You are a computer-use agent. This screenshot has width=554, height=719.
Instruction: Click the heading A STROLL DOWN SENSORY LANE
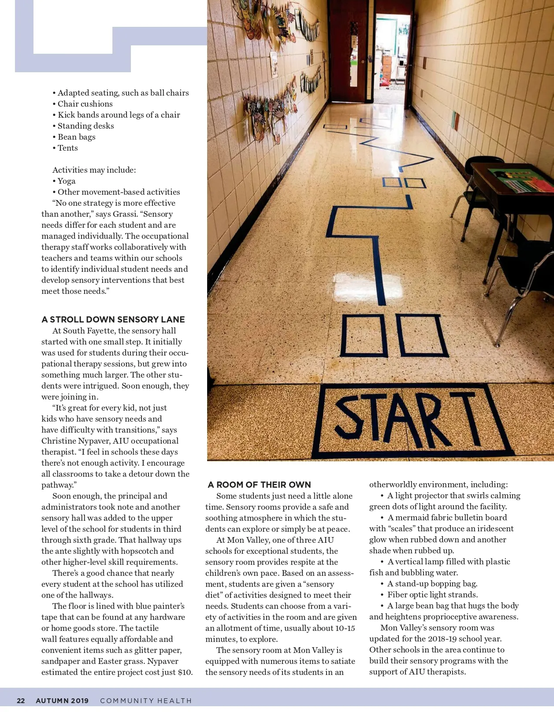click(x=113, y=319)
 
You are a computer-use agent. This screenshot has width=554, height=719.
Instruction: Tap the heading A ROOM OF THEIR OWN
click(x=259, y=485)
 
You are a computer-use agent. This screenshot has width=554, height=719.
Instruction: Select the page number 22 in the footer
click(x=21, y=700)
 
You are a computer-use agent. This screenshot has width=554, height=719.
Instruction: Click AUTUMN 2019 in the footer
click(x=62, y=700)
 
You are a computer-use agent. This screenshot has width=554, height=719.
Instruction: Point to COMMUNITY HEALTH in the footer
click(x=146, y=700)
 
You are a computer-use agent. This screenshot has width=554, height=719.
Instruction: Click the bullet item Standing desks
click(x=86, y=126)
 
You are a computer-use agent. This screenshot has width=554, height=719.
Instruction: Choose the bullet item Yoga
click(x=66, y=181)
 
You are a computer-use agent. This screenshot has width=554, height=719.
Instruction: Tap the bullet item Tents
click(x=67, y=148)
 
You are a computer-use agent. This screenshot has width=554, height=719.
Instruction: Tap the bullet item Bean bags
click(x=76, y=137)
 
